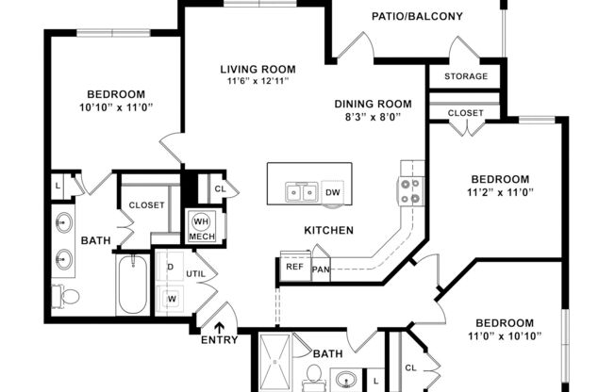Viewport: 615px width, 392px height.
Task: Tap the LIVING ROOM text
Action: click(x=258, y=69)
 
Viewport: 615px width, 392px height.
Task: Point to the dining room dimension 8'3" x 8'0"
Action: click(x=374, y=119)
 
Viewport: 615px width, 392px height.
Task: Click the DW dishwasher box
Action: click(x=332, y=192)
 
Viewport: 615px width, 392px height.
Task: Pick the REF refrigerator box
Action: click(x=293, y=267)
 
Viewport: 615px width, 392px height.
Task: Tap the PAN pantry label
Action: click(x=321, y=268)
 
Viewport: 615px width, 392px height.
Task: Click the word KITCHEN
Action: click(x=328, y=230)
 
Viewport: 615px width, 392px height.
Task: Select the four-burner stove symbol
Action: click(x=410, y=191)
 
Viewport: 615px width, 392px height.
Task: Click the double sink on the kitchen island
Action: click(x=301, y=193)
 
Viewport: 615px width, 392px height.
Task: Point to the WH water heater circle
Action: click(x=201, y=221)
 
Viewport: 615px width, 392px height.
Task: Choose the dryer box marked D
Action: click(x=171, y=267)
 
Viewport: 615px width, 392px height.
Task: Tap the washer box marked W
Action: click(x=171, y=300)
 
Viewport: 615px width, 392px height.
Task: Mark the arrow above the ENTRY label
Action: click(x=219, y=326)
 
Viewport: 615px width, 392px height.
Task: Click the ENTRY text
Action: click(x=219, y=340)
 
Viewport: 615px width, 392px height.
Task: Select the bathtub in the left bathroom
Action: click(x=132, y=285)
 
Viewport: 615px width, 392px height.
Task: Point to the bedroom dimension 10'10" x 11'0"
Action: click(x=116, y=107)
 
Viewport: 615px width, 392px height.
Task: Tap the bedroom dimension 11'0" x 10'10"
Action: click(x=503, y=335)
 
